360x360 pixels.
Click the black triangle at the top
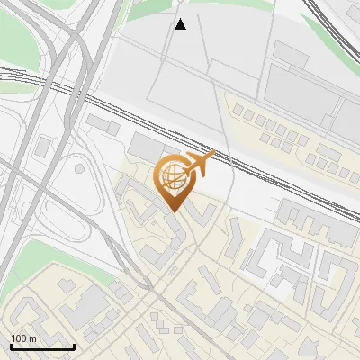click(x=181, y=24)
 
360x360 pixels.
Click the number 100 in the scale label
click(x=18, y=338)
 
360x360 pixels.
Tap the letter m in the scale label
click(x=31, y=338)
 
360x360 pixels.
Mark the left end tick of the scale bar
click(x=11, y=346)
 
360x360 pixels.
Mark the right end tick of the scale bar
click(x=74, y=346)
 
